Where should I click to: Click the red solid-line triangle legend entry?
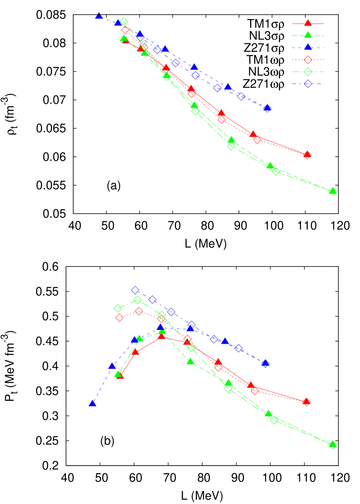[308, 23]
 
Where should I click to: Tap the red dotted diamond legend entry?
[308, 60]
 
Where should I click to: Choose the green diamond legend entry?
[308, 72]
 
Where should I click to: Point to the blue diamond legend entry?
[308, 84]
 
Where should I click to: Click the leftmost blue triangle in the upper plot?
[99, 16]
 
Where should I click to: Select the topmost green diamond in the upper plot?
[124, 21]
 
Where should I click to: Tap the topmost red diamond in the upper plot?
[125, 30]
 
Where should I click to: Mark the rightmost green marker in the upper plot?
[333, 192]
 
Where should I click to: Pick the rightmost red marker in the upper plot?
[307, 155]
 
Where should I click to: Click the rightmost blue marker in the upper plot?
[267, 108]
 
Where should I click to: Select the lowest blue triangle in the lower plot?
[92, 403]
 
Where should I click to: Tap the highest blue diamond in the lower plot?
[135, 290]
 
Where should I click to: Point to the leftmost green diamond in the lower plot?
[118, 308]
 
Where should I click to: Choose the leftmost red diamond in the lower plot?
[119, 318]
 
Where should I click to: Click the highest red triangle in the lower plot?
[161, 335]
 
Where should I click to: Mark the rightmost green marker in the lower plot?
[333, 445]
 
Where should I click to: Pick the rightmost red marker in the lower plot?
[306, 402]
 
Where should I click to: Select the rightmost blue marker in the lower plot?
[265, 363]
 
